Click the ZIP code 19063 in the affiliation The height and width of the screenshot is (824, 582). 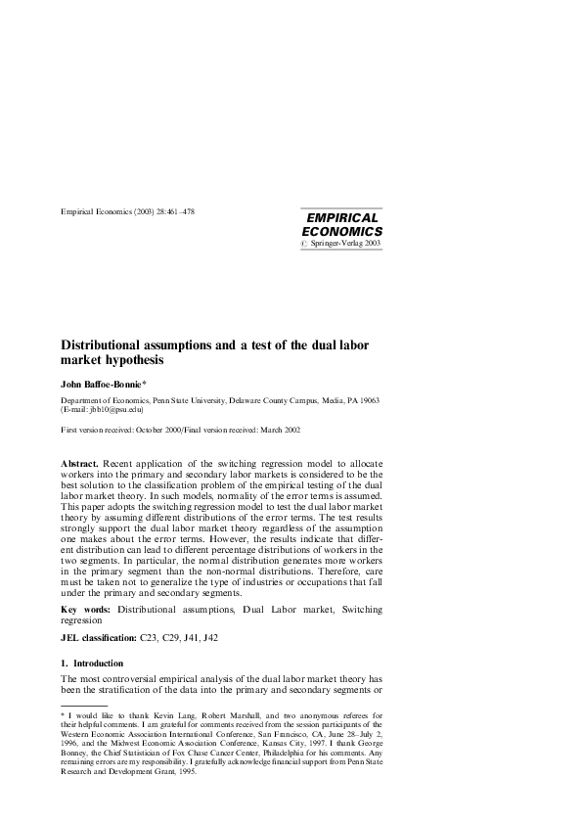(367, 402)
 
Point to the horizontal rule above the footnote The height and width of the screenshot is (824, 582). (84, 705)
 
